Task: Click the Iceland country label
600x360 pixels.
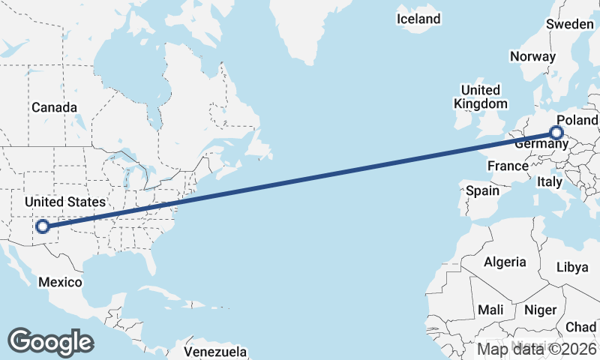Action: point(419,19)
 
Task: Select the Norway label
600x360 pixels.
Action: point(532,56)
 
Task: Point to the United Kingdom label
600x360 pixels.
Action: point(484,97)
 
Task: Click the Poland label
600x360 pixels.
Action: point(577,120)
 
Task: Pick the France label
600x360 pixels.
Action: point(508,165)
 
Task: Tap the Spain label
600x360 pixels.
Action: point(482,190)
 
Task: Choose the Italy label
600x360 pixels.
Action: point(549,181)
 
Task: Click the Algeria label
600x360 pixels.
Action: point(505,262)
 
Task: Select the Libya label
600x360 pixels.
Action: point(574,268)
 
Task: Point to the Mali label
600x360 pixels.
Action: point(490,310)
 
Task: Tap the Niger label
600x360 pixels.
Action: point(540,310)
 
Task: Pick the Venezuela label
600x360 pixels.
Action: point(215,351)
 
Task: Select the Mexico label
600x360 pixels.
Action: point(60,282)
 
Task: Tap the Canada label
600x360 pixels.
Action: point(54,107)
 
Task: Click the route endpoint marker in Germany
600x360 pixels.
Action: point(556,133)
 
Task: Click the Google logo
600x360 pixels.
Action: point(50,341)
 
